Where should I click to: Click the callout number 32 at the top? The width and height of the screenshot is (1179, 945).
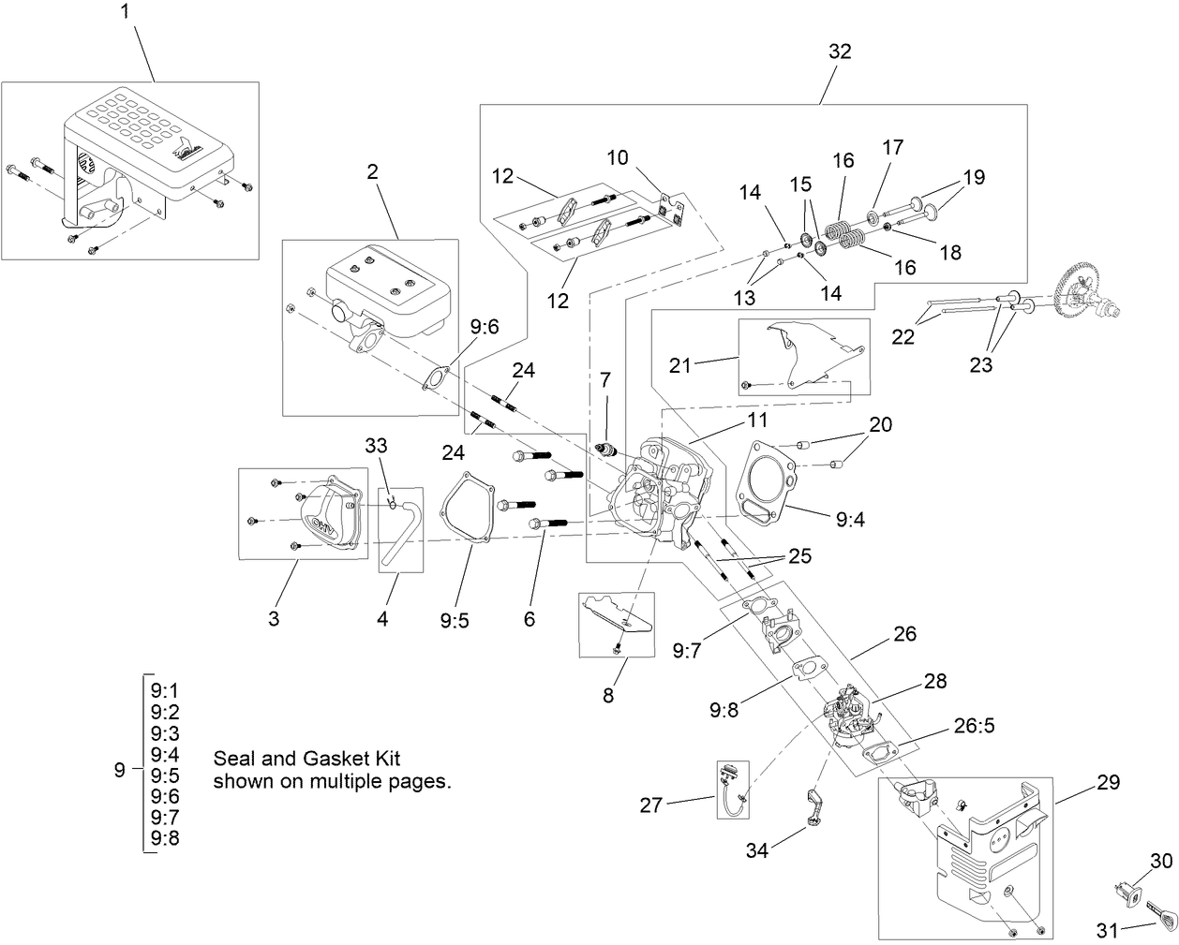click(x=839, y=52)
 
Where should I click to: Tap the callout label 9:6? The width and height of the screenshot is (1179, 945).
click(x=485, y=327)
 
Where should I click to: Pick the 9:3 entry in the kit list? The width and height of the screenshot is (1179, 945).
click(x=164, y=731)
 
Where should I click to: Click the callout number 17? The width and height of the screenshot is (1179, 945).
click(x=892, y=147)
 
